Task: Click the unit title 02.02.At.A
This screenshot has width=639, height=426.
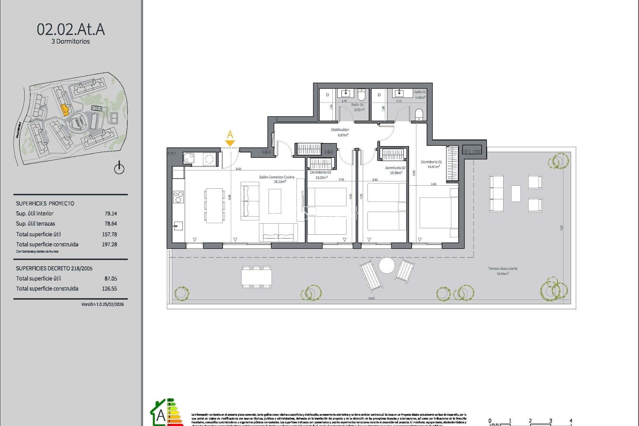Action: tap(71, 29)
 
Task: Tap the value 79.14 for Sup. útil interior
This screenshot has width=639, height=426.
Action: tap(110, 214)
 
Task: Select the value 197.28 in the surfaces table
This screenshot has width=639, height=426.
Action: tap(109, 244)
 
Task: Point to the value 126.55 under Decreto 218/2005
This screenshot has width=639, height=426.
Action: tap(109, 289)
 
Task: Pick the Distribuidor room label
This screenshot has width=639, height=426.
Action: tap(340, 130)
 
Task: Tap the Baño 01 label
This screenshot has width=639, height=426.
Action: tap(420, 92)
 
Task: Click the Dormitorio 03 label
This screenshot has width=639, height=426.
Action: tap(320, 172)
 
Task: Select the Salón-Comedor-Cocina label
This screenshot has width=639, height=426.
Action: tap(276, 177)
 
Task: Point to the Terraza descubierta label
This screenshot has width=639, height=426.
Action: tap(502, 269)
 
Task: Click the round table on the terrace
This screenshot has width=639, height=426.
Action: tap(387, 266)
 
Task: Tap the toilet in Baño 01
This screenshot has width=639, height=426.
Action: tap(419, 115)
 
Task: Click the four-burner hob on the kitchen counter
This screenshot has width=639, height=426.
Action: tap(178, 197)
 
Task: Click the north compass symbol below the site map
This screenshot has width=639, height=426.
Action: tap(119, 168)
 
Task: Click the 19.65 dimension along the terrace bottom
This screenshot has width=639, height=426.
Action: tap(371, 298)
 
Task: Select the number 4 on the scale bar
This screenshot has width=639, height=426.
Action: tap(570, 421)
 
